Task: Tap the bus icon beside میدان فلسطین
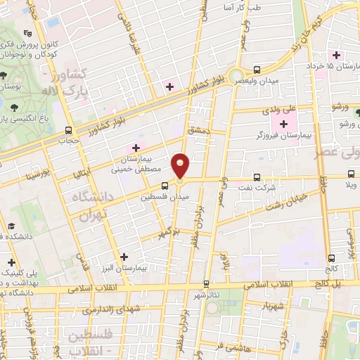point(164,186)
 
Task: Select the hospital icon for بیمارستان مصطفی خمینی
point(136,148)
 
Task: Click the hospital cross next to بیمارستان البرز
point(124,257)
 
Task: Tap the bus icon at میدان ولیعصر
point(256,70)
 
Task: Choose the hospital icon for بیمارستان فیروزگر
point(284,124)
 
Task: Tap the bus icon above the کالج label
point(331,257)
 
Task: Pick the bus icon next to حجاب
point(68,130)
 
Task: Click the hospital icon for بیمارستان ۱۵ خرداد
point(337,54)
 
